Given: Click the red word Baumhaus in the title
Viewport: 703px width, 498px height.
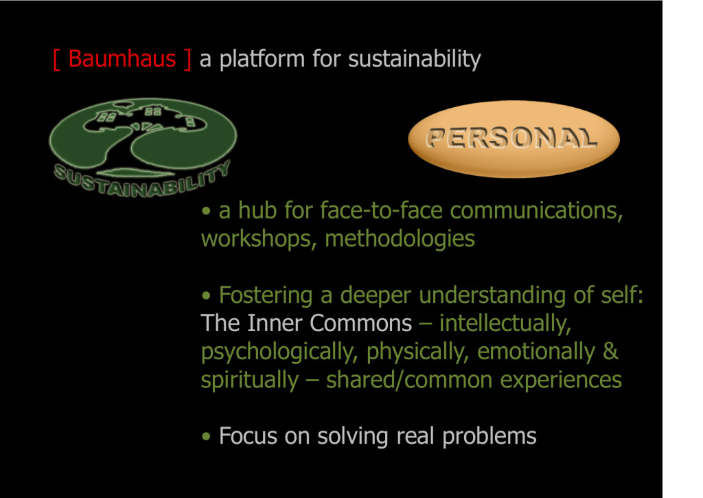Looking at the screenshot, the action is [x=122, y=59].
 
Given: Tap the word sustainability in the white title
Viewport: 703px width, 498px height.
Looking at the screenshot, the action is [x=414, y=60].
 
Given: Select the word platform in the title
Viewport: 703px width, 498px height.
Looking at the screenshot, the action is [x=262, y=59].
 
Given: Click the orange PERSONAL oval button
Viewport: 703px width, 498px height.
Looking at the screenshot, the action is [x=514, y=139].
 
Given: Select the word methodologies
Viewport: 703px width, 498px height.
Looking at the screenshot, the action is [x=400, y=239].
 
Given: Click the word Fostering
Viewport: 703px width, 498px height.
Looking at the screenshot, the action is [x=266, y=296].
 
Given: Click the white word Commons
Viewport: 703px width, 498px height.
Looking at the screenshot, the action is [x=360, y=323].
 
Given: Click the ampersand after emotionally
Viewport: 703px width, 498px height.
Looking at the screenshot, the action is [x=610, y=351].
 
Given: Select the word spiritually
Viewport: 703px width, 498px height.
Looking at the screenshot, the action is [x=249, y=381].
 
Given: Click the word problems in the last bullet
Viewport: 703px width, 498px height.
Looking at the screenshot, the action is [x=489, y=437].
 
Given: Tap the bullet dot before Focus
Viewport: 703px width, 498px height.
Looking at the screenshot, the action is [x=206, y=436].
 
